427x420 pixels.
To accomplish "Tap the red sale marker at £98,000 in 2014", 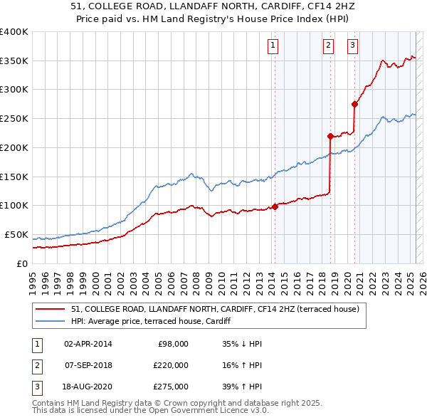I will click(275, 206).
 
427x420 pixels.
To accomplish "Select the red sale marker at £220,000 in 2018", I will click(330, 136).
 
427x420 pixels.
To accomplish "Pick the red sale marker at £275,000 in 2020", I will click(354, 104).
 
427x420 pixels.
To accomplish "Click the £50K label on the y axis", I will click(16, 234).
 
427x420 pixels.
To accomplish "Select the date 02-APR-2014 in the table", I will click(88, 344).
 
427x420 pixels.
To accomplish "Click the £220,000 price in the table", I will click(171, 365).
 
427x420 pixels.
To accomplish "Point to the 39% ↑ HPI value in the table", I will click(242, 387).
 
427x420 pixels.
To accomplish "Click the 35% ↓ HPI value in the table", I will click(242, 344).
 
